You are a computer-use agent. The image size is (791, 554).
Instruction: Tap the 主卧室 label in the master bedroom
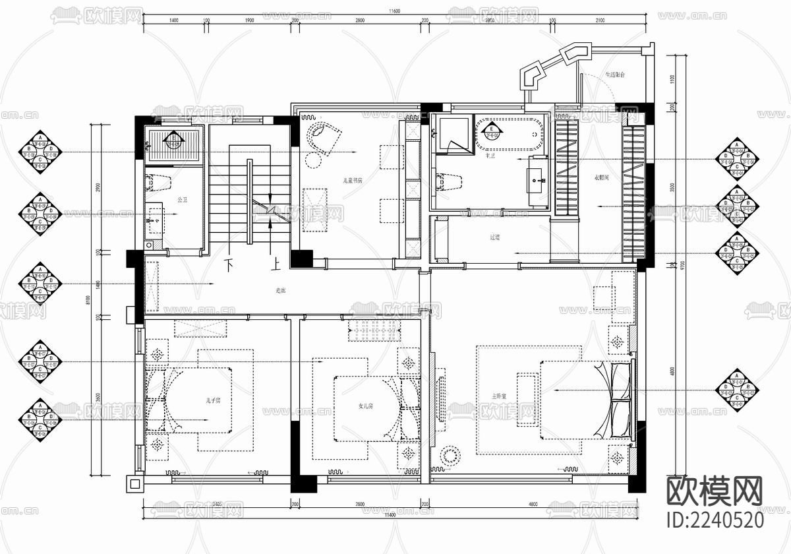point(499,396)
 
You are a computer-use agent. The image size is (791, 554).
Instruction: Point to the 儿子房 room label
point(212,400)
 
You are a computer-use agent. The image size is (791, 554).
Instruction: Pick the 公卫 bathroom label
point(183,199)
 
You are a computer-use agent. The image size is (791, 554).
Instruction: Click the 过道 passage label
point(495,237)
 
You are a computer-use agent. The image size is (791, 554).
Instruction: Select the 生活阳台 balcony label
point(614,75)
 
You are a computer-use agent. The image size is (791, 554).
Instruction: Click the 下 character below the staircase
point(230,266)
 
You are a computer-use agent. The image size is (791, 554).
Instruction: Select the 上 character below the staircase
point(276,266)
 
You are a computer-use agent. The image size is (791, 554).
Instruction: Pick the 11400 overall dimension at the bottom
point(394,514)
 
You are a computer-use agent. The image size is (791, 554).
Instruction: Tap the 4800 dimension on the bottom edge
point(533,505)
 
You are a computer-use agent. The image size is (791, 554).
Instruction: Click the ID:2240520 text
point(715,520)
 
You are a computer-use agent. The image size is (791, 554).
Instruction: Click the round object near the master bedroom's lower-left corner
point(451,456)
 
